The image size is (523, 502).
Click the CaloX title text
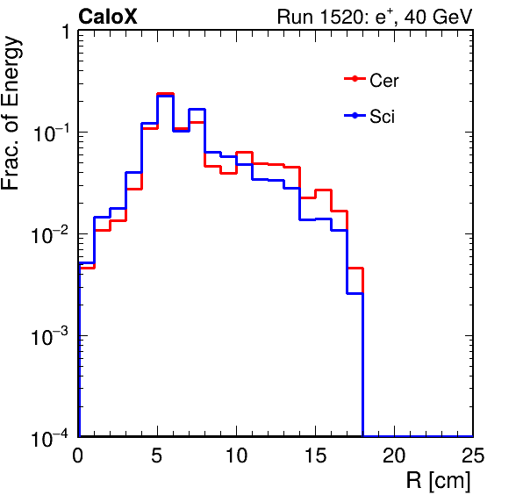pos(107,17)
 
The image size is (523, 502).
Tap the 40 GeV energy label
pos(438,17)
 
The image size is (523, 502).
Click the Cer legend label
pos(383,81)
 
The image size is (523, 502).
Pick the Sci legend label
pos(383,117)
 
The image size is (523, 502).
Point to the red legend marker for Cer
pos(355,79)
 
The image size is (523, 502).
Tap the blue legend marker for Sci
pos(355,116)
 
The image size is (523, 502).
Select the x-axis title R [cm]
pos(439,481)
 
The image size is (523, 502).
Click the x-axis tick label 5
pos(157,455)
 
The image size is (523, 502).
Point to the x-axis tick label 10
pos(236,455)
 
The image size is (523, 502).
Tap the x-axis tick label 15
pos(316,455)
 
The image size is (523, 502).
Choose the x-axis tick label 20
pos(394,455)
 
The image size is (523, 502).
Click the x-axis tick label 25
pos(473,455)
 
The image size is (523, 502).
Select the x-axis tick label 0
pos(78,455)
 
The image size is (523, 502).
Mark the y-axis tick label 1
pos(65,32)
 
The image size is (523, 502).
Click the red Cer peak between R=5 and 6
pos(166,94)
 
